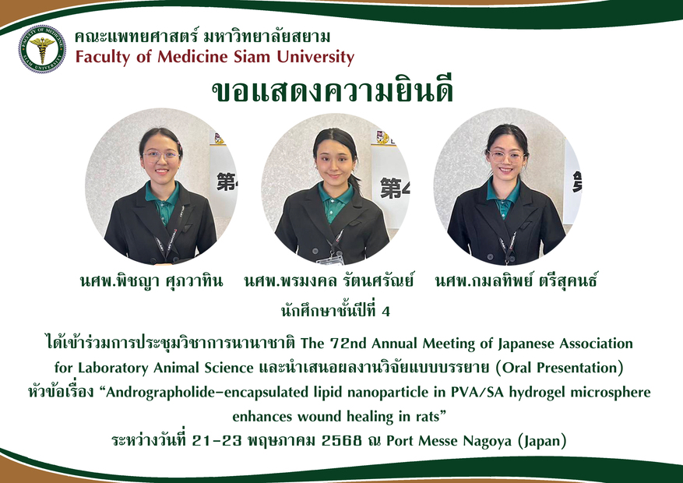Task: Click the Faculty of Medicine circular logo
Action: (42, 49)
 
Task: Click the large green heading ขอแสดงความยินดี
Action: (333, 90)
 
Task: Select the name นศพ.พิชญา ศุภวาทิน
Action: (151, 281)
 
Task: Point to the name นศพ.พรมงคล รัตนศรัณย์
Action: (329, 281)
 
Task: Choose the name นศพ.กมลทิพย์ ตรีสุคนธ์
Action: (516, 280)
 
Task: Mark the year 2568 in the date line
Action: (341, 441)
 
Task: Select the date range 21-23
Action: (217, 441)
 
